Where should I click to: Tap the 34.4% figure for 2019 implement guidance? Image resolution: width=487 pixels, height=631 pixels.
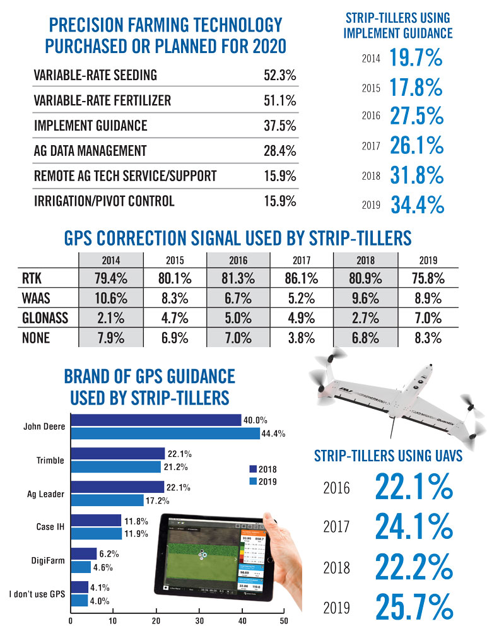(x=416, y=204)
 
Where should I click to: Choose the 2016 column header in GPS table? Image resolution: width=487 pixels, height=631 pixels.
(x=238, y=259)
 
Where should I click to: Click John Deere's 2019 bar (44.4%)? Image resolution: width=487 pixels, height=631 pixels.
(x=165, y=433)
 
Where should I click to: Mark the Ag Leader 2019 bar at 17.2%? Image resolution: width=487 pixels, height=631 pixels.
(x=107, y=500)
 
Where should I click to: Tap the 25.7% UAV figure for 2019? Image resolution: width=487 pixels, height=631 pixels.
(x=414, y=606)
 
